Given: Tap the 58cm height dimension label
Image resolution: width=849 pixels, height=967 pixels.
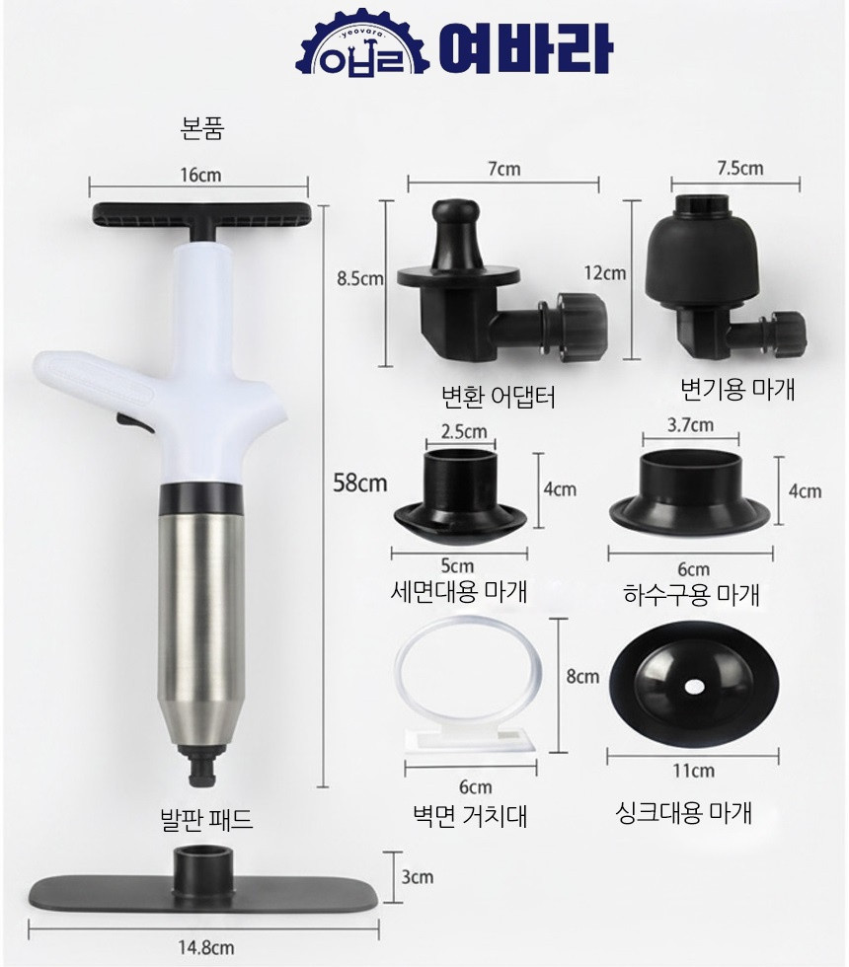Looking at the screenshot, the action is (x=360, y=483).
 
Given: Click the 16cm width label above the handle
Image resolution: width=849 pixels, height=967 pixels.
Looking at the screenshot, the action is (x=200, y=176).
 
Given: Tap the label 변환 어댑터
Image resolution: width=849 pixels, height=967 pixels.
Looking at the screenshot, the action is (x=498, y=397).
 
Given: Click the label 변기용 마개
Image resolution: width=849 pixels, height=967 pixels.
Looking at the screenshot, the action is (x=737, y=389).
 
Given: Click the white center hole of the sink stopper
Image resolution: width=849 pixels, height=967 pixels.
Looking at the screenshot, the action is (x=695, y=686).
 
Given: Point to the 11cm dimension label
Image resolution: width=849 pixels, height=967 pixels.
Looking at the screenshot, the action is (x=693, y=771).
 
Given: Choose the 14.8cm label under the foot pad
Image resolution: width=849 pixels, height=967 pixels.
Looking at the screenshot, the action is (x=206, y=947).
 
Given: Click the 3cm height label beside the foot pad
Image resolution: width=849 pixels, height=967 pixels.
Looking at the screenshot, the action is (x=417, y=876).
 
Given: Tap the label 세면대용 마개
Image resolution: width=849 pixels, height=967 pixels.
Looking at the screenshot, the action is (x=459, y=591).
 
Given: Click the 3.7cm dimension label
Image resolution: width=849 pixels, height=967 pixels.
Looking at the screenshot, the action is (x=690, y=425).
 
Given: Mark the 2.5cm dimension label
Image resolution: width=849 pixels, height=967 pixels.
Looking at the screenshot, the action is (x=464, y=431).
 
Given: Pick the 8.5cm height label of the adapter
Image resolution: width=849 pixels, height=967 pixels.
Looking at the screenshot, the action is (x=360, y=278).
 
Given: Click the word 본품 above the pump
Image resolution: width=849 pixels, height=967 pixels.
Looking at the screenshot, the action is (x=202, y=129).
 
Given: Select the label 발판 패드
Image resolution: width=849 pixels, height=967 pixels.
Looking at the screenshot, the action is (x=206, y=820).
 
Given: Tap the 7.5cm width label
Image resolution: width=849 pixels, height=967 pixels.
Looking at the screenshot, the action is (x=739, y=169).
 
